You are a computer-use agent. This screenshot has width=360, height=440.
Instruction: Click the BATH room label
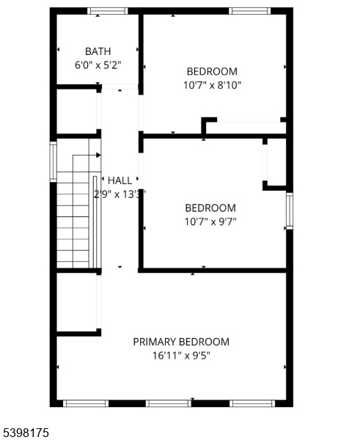[98, 51]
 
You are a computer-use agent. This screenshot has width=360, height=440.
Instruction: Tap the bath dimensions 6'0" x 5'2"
[98, 65]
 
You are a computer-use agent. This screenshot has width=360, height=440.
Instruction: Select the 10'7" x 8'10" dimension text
[212, 85]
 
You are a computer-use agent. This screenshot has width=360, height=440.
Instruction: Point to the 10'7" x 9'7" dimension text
[210, 221]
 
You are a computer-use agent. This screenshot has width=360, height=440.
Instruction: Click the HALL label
[120, 180]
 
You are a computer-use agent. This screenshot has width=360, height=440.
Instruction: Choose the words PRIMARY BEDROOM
[181, 342]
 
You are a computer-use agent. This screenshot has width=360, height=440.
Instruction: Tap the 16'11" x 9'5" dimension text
[181, 356]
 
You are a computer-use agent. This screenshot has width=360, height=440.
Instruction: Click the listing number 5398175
[26, 432]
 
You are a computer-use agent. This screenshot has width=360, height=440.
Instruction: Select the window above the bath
[108, 11]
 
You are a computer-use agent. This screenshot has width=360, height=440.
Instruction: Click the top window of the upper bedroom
[250, 11]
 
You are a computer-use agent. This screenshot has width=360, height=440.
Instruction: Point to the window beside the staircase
[54, 161]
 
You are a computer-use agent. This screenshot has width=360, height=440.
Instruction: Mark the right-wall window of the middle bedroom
[290, 210]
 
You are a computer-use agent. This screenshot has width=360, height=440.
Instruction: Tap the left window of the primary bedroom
[86, 403]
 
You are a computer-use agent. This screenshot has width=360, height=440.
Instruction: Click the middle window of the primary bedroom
[169, 403]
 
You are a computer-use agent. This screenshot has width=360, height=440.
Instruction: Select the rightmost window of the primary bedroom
[252, 403]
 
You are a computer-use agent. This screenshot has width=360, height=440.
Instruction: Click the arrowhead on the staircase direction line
[98, 155]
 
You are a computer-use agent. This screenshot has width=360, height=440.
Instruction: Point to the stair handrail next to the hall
[95, 222]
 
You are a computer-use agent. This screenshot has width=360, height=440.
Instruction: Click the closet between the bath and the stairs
[77, 111]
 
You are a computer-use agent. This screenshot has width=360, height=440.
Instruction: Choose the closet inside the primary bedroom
[77, 302]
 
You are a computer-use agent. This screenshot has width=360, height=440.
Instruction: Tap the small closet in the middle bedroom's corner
[276, 162]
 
